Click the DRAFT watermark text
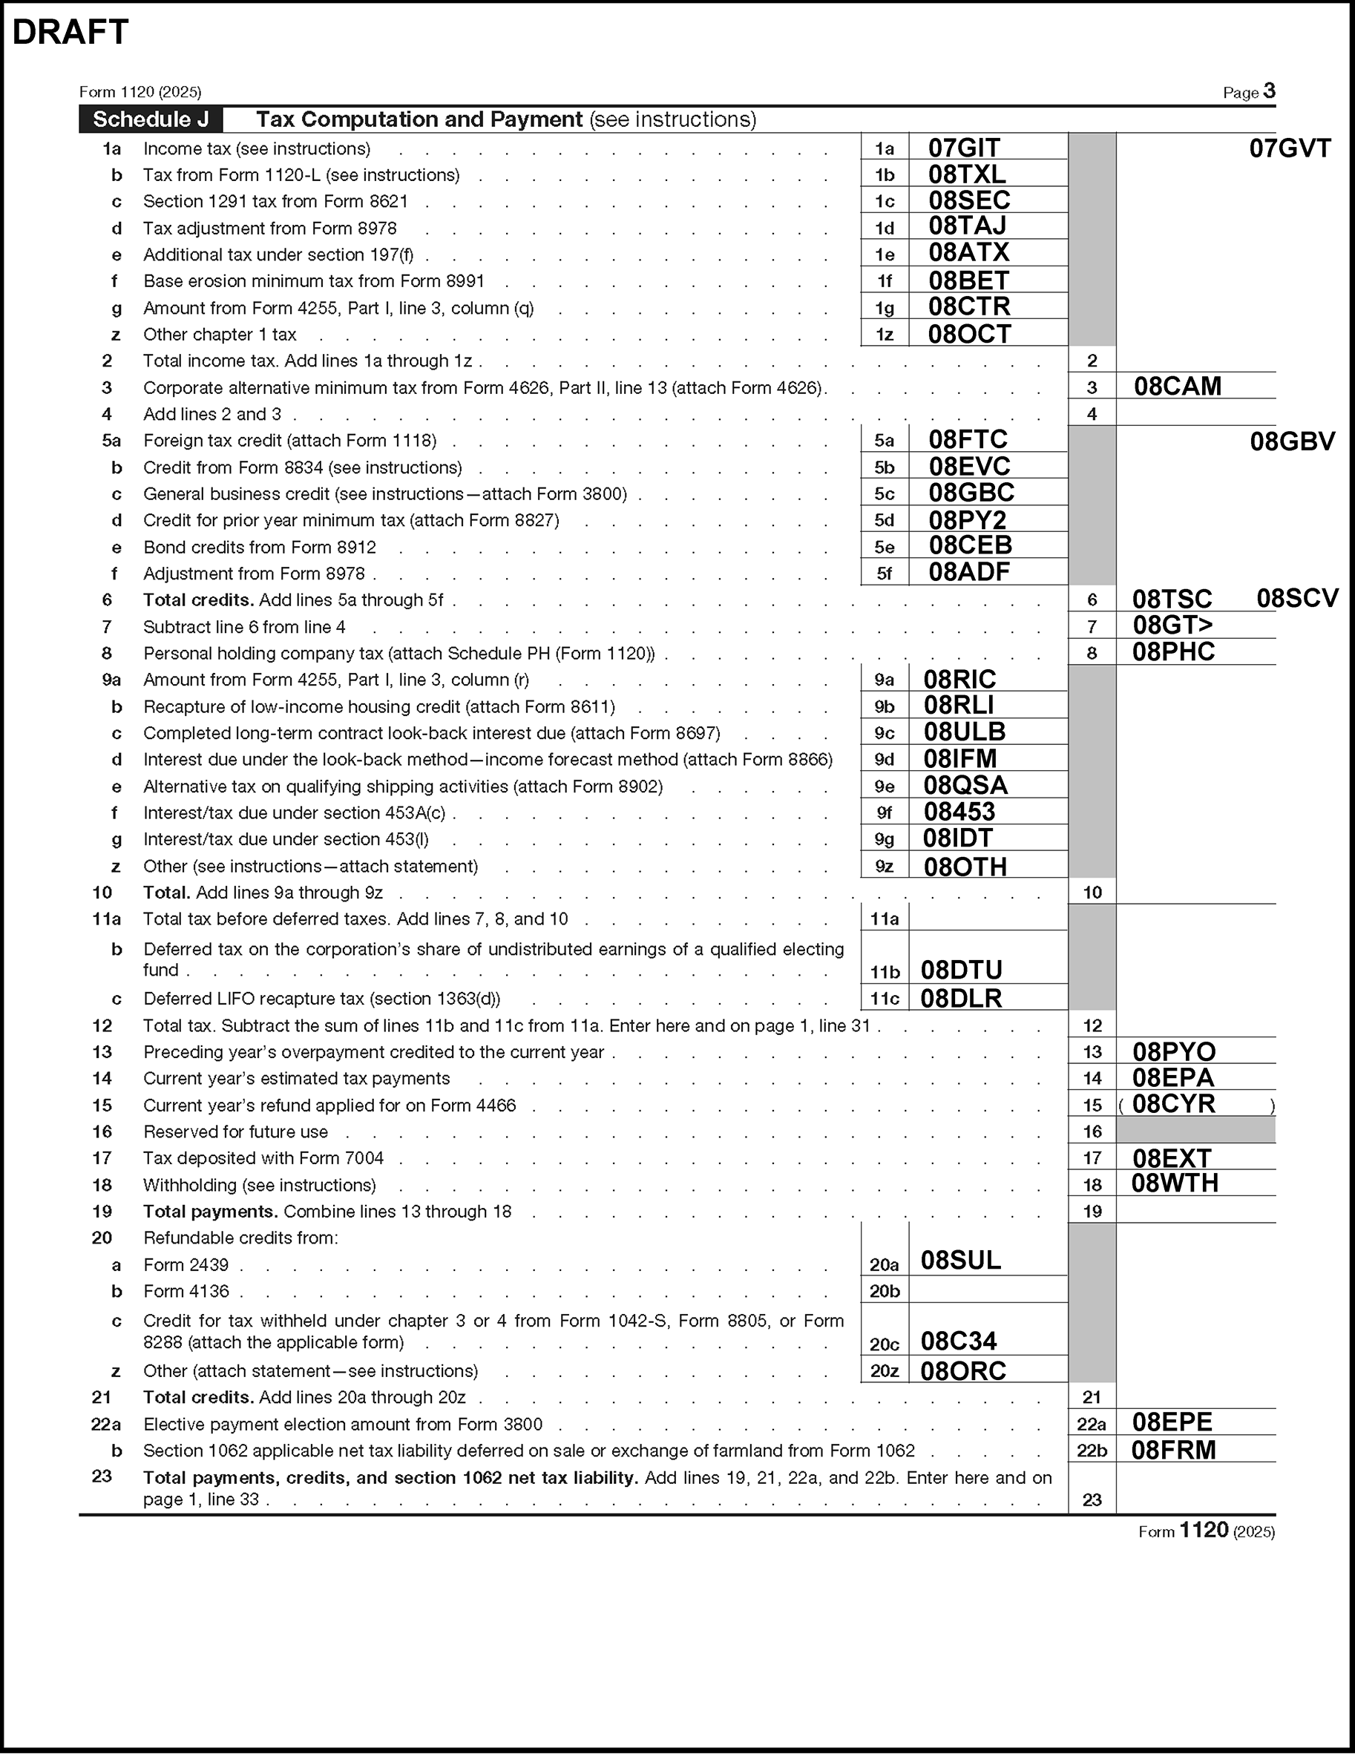pos(70,32)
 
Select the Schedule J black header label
pos(151,119)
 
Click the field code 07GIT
pos(964,148)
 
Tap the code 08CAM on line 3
pos(1177,387)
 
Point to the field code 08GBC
pos(971,493)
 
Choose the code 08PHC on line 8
pos(1173,652)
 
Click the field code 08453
pos(959,812)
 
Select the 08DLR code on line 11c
pos(961,998)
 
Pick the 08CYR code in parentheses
pos(1173,1104)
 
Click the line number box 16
pos(1092,1131)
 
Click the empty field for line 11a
pos(987,918)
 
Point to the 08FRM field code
pos(1173,1451)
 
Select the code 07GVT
pos(1290,148)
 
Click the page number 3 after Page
pos(1269,91)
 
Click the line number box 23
pos(1092,1500)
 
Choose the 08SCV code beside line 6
pos(1297,598)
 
